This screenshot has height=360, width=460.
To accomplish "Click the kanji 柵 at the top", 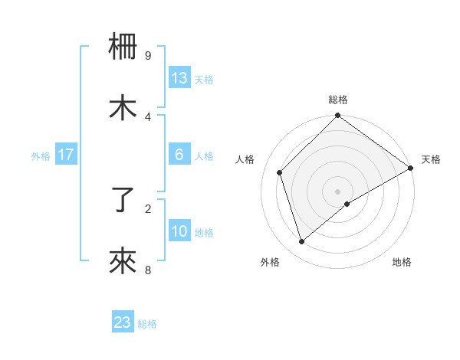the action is tap(123, 47).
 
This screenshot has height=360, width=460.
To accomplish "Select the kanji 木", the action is tap(123, 108).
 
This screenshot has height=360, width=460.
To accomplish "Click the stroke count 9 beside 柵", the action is tap(147, 55).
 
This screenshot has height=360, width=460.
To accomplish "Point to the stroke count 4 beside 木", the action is tap(147, 116).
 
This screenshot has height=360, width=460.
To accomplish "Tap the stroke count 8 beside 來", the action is tap(147, 270).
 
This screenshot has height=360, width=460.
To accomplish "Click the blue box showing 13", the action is tap(179, 77).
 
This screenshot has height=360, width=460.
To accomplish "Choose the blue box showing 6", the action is tap(179, 155).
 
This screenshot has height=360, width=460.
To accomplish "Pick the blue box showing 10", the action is tap(179, 231).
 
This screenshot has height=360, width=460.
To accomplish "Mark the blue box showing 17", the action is tap(66, 155).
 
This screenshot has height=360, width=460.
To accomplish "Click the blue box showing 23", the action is tap(123, 322).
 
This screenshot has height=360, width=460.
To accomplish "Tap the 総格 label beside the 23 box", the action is tap(148, 324).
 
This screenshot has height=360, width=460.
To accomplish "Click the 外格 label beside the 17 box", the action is tap(41, 155).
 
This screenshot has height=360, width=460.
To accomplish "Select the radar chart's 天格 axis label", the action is tap(432, 159).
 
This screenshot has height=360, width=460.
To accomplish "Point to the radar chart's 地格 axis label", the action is tap(402, 262).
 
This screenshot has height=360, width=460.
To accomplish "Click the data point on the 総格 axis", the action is tap(338, 116).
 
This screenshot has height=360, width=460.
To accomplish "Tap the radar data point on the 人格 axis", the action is tap(280, 172).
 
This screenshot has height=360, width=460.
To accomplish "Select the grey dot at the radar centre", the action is tap(338, 191).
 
